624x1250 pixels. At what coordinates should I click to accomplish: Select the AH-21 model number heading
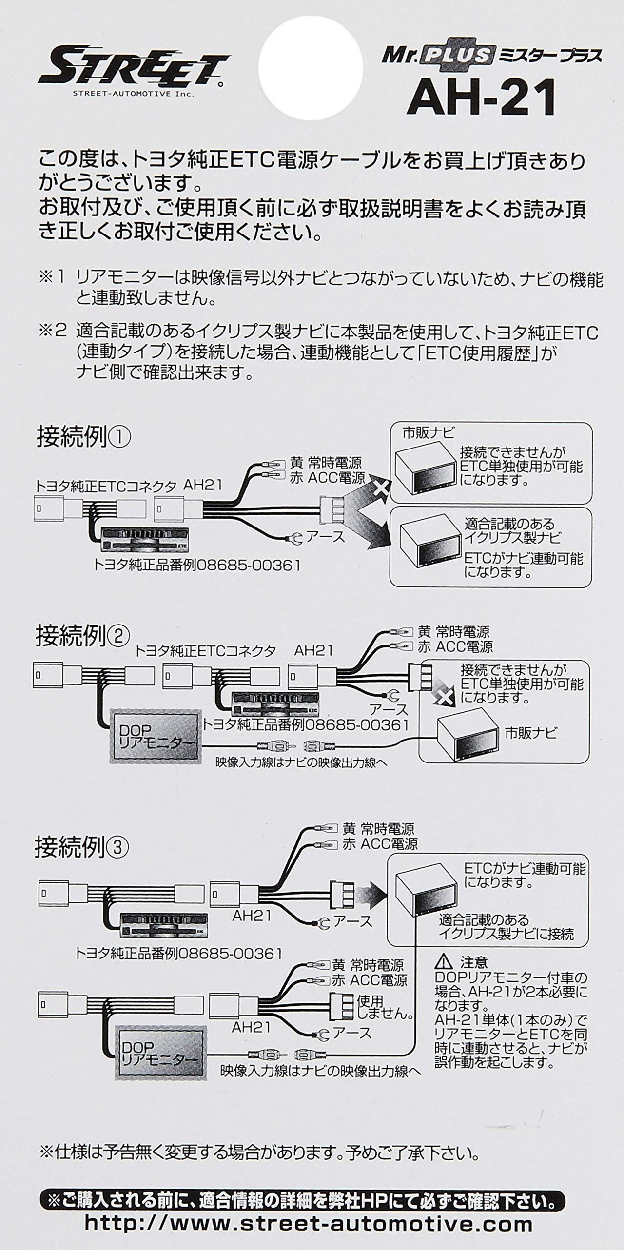tap(482, 98)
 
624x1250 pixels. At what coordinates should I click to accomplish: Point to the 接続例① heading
tap(83, 437)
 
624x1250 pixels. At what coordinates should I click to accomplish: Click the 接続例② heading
tap(82, 636)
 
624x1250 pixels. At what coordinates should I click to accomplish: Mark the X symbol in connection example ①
tap(382, 488)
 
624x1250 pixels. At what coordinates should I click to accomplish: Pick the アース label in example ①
tap(325, 537)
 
